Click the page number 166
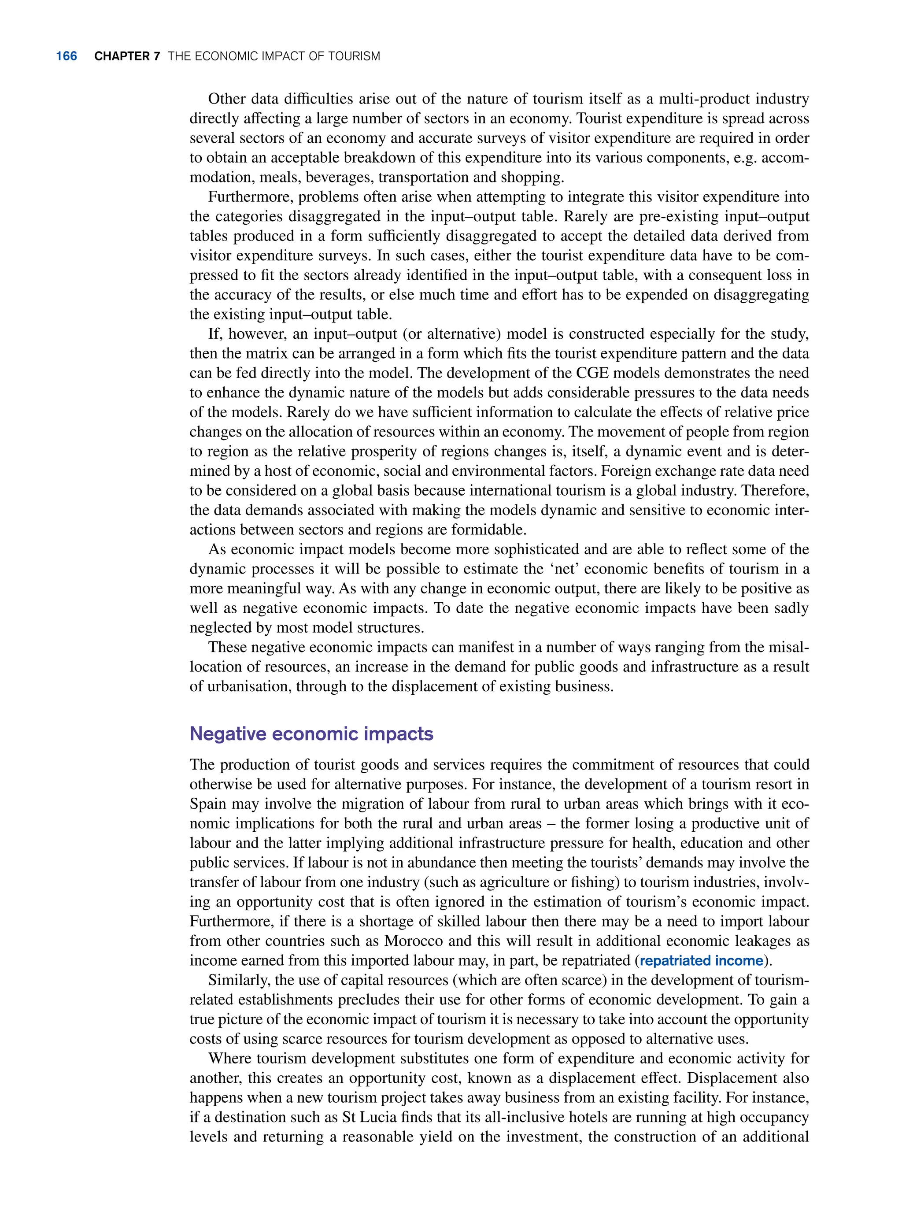[x=66, y=56]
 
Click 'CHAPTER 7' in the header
[x=127, y=56]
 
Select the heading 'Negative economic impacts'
[x=311, y=733]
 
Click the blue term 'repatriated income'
[x=701, y=961]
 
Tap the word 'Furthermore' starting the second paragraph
[x=249, y=196]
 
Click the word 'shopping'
[x=531, y=178]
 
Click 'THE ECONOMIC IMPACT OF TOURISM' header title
[x=274, y=56]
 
